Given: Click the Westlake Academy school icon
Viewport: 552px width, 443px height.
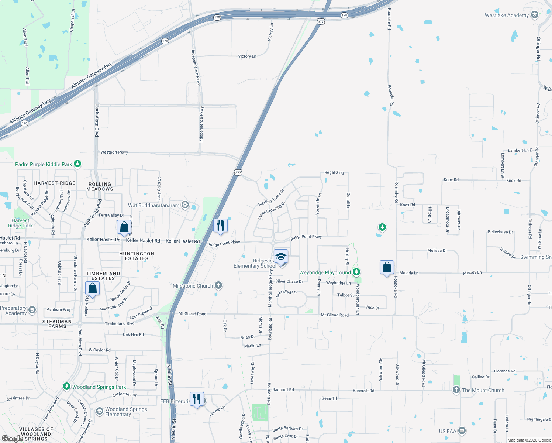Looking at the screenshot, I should click(534, 15).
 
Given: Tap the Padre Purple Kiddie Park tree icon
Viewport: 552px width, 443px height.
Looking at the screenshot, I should click(77, 164).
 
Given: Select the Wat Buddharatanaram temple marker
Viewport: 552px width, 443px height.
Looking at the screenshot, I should click(185, 205).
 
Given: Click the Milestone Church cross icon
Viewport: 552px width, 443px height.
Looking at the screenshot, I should click(218, 285).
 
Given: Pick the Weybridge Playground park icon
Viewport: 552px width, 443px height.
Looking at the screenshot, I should click(356, 272).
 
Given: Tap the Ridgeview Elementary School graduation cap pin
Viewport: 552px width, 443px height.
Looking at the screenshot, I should click(281, 256).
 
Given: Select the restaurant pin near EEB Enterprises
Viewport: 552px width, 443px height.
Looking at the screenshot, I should click(197, 399).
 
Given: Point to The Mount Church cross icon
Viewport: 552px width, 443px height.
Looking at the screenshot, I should click(456, 390).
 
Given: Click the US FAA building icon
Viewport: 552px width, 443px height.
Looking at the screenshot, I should click(462, 431).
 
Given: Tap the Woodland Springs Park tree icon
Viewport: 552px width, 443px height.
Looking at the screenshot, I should click(66, 387).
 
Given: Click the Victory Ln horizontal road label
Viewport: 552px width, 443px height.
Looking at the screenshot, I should click(247, 56).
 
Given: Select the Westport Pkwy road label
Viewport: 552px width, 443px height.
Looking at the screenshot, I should click(114, 152).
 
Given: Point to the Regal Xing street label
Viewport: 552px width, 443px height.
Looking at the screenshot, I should click(334, 172).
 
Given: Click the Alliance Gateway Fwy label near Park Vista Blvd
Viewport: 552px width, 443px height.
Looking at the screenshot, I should click(92, 76).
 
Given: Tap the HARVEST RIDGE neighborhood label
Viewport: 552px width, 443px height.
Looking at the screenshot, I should click(55, 183).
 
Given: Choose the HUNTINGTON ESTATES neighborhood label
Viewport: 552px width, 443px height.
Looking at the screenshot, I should click(137, 256).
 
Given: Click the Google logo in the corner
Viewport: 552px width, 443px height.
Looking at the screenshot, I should click(12, 438).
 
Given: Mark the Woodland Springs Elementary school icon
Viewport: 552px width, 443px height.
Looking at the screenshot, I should click(99, 411).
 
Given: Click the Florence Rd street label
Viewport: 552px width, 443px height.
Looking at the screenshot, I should click(504, 371).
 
